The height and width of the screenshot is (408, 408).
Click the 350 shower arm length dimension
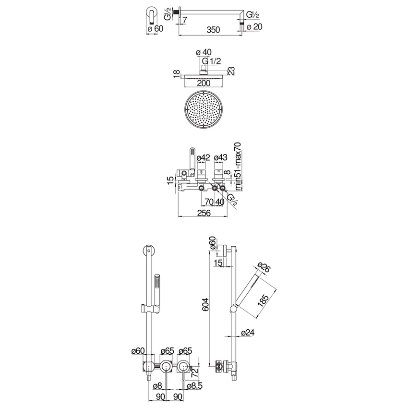coord(213,30)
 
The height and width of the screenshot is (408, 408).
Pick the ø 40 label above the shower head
coord(204,53)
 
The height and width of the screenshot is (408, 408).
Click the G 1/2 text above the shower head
coord(212,61)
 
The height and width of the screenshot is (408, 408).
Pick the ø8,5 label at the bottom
coord(194,385)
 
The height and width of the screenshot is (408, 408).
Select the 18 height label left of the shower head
coord(177,73)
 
